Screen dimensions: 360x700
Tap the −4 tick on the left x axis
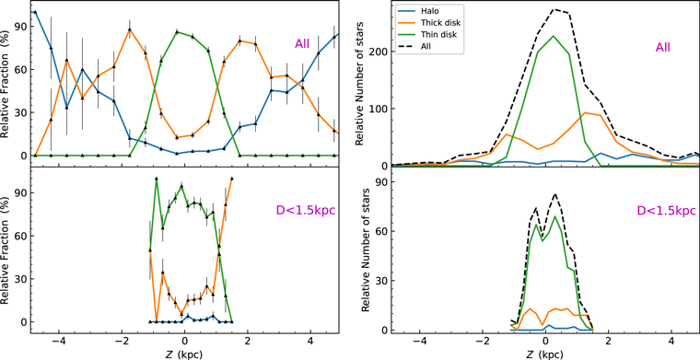tap(60, 339)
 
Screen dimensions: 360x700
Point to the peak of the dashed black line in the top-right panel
tap(554, 9)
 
